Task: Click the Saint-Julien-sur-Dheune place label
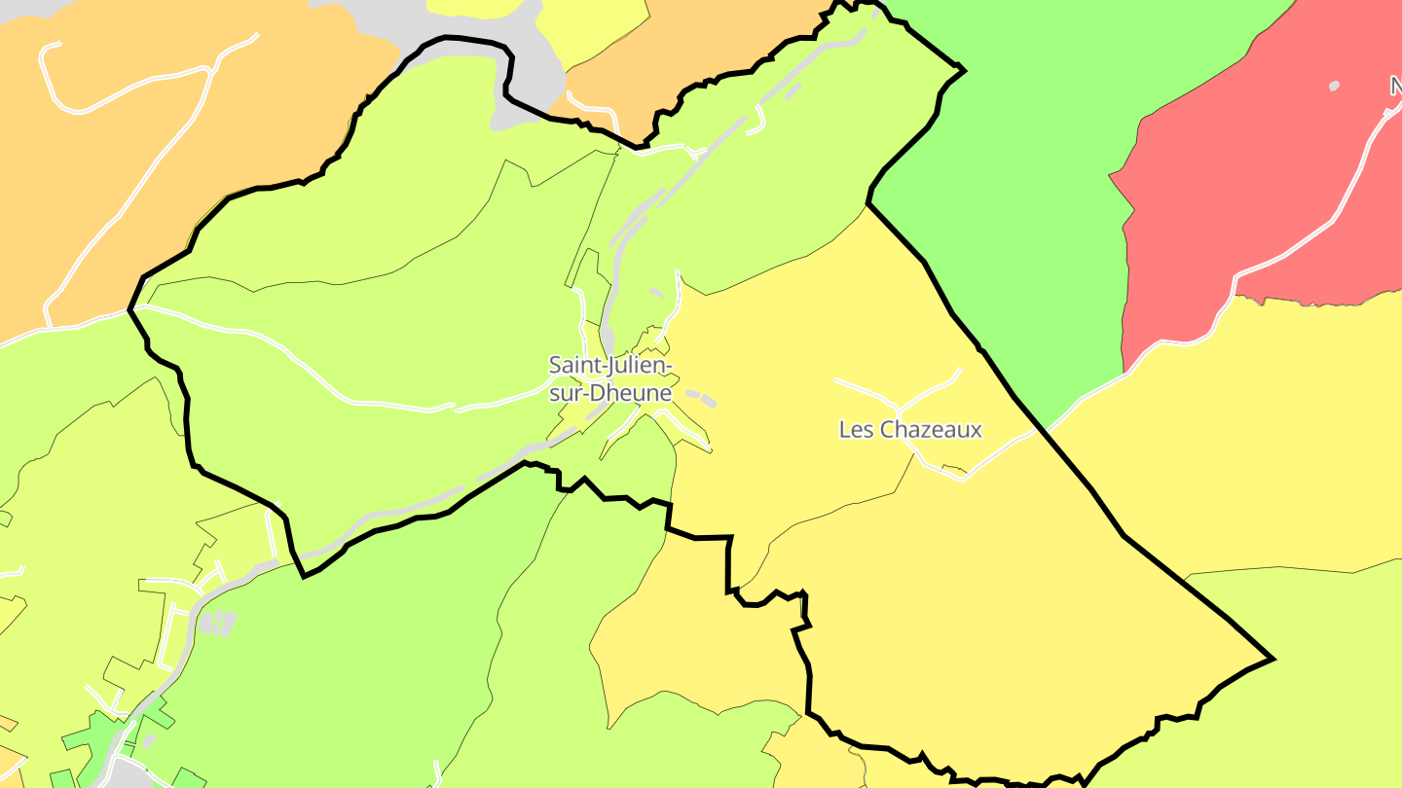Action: click(610, 378)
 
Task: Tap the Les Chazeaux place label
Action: click(910, 429)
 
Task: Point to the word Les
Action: click(856, 429)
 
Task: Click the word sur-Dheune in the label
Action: click(610, 393)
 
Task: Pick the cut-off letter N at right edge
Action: click(1396, 88)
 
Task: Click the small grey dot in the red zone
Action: click(1334, 86)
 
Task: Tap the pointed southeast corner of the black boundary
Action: click(1273, 659)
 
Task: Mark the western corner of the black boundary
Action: click(130, 309)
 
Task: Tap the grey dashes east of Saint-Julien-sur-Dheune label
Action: click(701, 397)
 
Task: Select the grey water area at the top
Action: click(467, 19)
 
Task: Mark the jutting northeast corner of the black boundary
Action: click(962, 69)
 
